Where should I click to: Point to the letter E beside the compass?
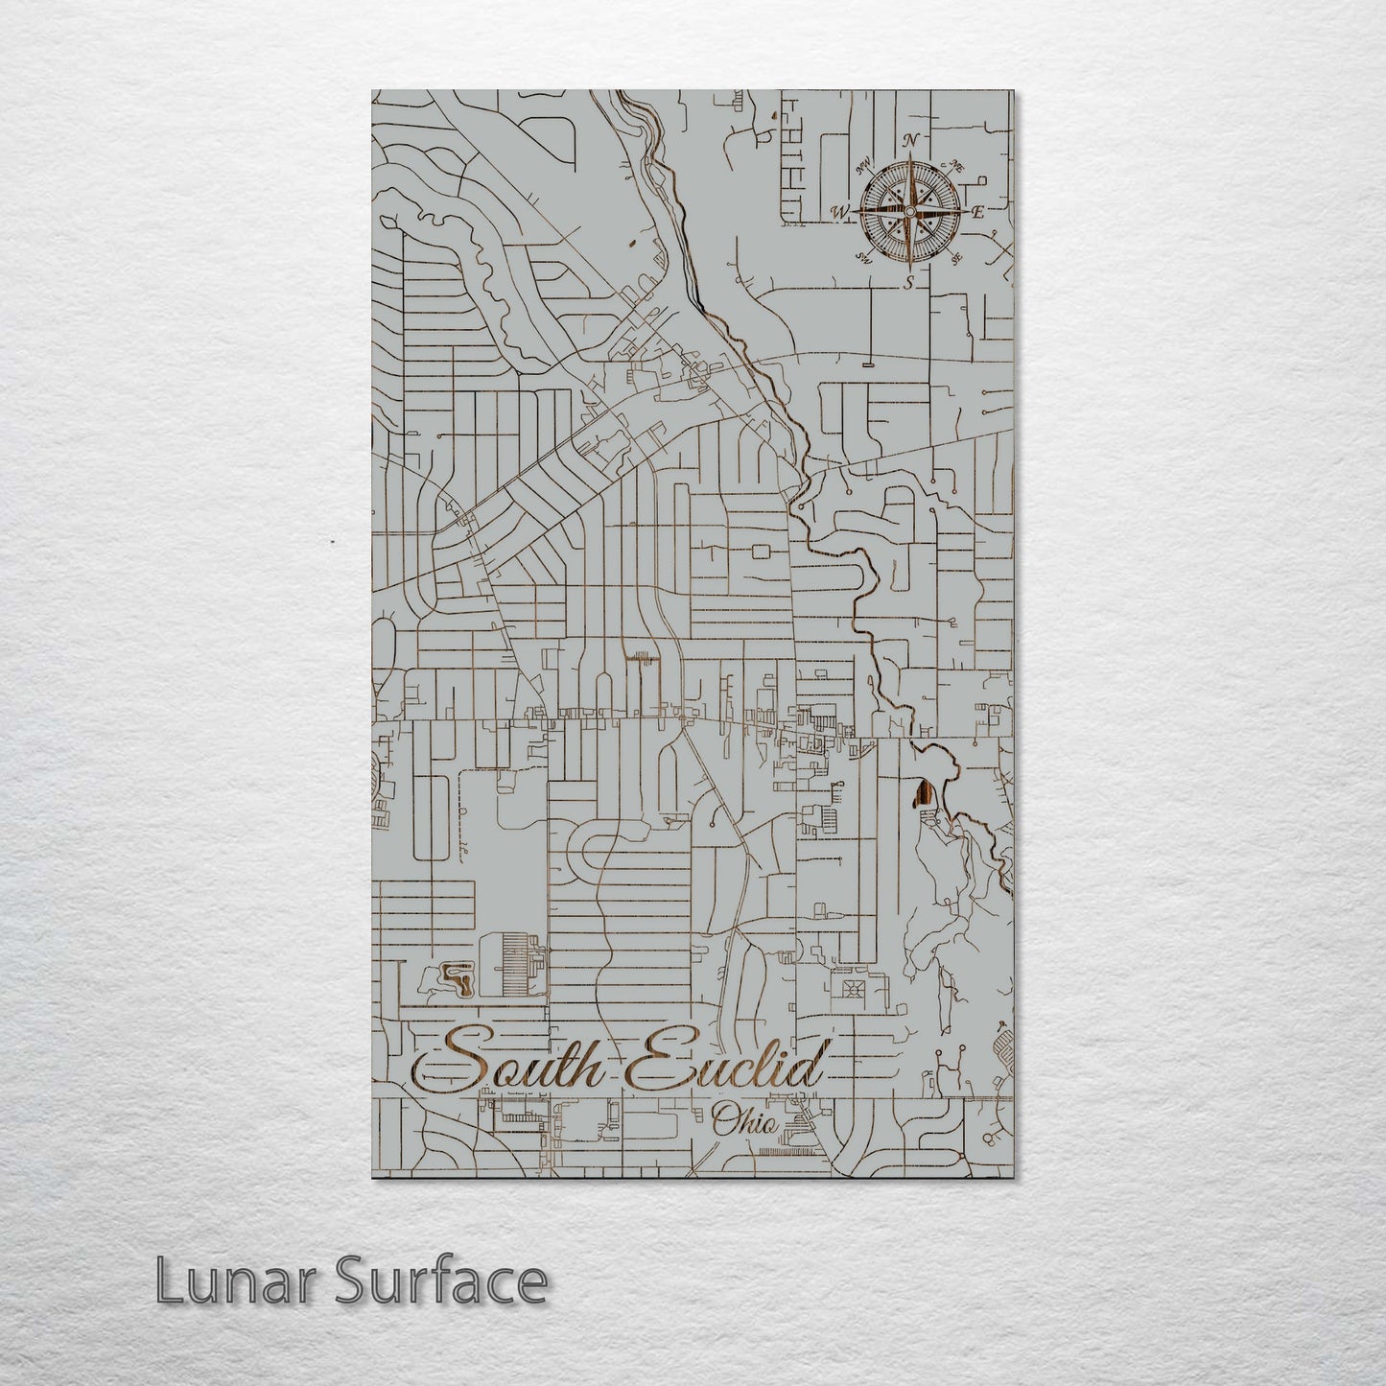[978, 212]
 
